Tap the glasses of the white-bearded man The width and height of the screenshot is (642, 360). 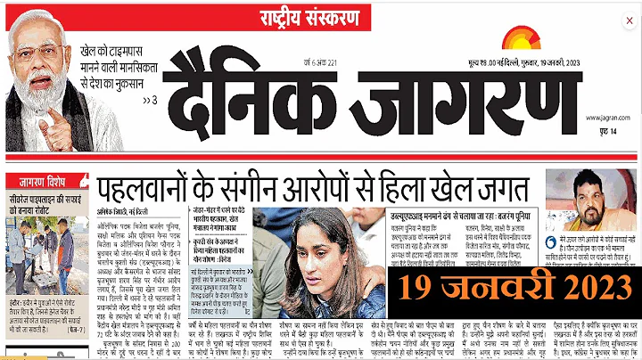(36, 48)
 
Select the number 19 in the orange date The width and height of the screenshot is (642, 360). (421, 287)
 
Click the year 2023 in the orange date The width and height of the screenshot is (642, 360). (588, 287)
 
